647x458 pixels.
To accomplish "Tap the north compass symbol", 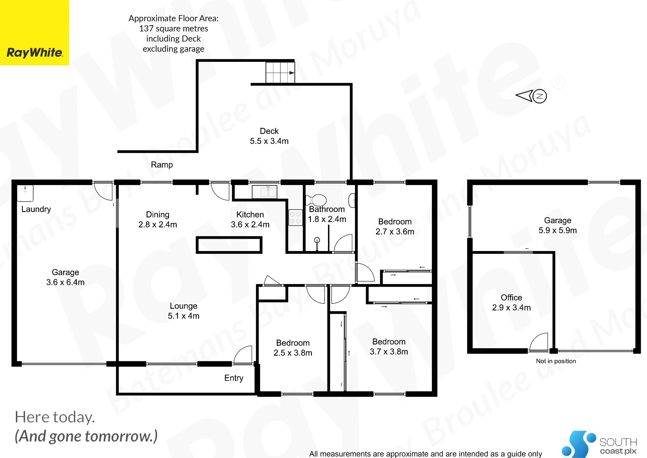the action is coord(531,96).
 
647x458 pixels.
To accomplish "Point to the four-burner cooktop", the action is coord(295,218).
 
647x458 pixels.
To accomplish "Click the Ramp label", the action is coord(162,165).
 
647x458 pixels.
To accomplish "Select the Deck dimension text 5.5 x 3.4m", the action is coord(269,141).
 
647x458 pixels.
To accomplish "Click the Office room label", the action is coord(511,298).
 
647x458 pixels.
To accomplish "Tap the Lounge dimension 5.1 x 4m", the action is coord(184,316).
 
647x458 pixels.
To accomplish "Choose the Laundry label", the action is coord(36,209).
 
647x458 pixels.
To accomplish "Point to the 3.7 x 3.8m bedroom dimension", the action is coord(389,352).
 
